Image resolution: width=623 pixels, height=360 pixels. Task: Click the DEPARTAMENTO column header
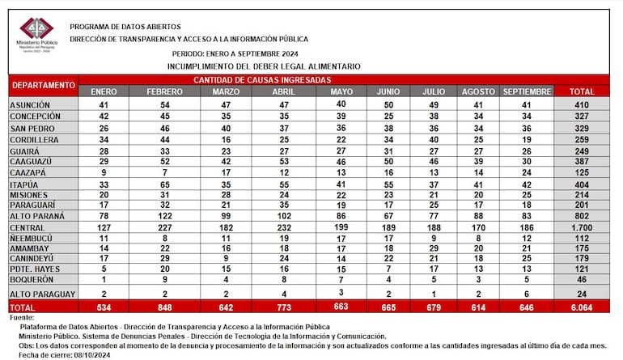point(43,85)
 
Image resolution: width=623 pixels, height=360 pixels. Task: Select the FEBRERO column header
point(165,91)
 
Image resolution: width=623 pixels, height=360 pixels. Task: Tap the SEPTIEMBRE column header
point(526,91)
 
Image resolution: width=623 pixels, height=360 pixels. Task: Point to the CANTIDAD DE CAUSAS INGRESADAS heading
point(261,80)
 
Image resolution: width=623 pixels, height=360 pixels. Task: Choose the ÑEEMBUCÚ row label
point(32,239)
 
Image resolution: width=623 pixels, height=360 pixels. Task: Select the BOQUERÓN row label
point(33,278)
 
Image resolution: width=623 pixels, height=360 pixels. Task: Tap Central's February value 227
point(165,229)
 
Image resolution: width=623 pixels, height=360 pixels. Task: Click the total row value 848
point(165,308)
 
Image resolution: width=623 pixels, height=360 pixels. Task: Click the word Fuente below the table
point(24,318)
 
